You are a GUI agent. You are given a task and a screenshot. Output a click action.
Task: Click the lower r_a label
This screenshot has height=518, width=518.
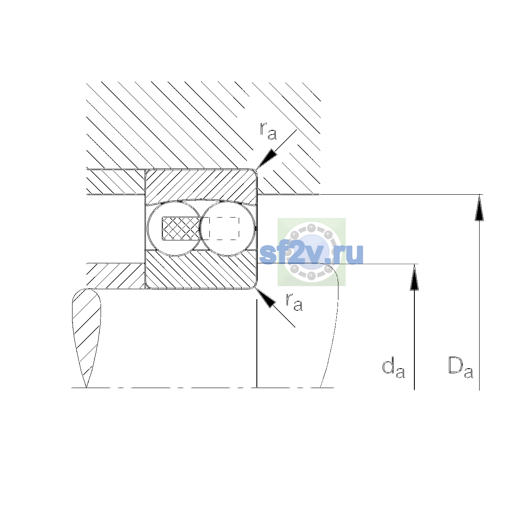click(294, 302)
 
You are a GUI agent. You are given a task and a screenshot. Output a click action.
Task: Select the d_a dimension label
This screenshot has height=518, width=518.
click(393, 368)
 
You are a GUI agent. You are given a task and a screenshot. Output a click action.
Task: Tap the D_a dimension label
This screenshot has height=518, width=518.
click(461, 368)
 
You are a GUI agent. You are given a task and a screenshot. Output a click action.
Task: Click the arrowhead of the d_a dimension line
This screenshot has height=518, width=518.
click(414, 277)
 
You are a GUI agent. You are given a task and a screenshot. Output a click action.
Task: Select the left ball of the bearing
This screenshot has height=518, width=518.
click(175, 228)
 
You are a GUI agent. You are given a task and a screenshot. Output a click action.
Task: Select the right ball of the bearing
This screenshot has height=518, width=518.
click(227, 228)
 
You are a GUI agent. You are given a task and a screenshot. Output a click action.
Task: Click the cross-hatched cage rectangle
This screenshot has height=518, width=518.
click(181, 228)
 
